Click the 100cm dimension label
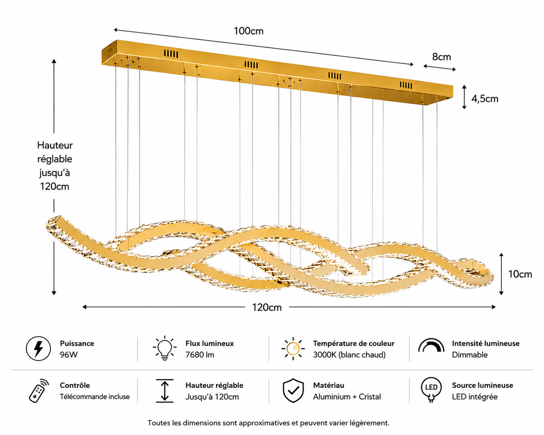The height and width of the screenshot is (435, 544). (248, 31)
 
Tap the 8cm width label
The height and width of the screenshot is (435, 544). (442, 57)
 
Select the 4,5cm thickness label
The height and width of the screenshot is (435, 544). (485, 99)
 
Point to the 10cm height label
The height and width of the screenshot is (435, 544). (520, 274)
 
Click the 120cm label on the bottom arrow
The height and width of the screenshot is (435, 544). (267, 308)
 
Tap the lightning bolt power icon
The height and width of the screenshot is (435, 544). (39, 349)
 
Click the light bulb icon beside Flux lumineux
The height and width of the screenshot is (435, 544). (165, 348)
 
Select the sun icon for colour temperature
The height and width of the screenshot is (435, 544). (293, 348)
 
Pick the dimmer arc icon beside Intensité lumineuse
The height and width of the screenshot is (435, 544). (431, 345)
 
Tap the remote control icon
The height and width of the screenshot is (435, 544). (39, 391)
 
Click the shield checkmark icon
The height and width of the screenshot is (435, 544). (293, 391)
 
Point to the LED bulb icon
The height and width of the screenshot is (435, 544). (431, 390)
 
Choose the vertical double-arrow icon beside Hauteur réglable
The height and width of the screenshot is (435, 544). (165, 391)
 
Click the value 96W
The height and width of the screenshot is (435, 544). (69, 355)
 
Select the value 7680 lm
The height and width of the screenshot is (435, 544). (200, 355)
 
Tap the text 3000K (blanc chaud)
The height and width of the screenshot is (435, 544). (350, 355)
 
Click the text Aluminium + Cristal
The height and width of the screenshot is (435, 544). (347, 397)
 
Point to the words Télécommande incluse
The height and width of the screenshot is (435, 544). (95, 397)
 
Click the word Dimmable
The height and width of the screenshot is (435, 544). (470, 355)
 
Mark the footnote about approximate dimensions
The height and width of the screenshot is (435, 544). (268, 423)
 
